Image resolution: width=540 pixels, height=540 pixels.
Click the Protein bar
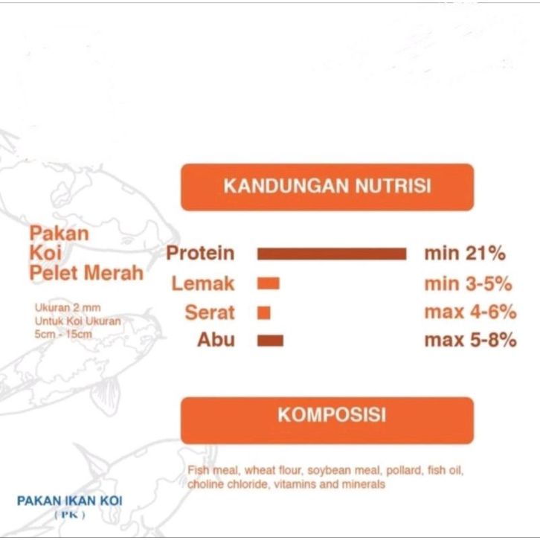click(332, 254)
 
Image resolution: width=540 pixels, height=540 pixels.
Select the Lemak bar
click(269, 284)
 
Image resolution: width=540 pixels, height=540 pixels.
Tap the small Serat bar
click(264, 313)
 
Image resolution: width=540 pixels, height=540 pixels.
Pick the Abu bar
click(270, 340)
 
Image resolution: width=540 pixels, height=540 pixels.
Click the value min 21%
click(465, 254)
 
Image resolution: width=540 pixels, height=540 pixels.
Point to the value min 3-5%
click(468, 284)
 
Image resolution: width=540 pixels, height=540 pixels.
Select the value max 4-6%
click(470, 312)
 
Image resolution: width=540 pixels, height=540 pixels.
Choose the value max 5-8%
click(470, 340)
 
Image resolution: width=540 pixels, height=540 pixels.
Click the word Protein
click(200, 253)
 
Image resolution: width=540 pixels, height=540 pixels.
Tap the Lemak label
click(203, 283)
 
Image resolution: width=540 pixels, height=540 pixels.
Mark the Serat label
click(210, 312)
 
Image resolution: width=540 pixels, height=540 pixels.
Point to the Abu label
click(216, 340)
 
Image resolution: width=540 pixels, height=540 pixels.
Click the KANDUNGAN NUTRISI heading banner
click(327, 187)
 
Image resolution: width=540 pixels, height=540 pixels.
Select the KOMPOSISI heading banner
click(327, 420)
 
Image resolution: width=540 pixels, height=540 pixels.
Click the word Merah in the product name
click(113, 273)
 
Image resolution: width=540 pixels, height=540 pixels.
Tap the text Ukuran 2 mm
click(68, 307)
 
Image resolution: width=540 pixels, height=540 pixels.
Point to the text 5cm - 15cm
click(63, 334)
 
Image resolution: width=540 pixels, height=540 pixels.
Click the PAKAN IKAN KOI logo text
click(70, 501)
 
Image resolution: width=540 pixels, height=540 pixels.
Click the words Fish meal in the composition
click(212, 470)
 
